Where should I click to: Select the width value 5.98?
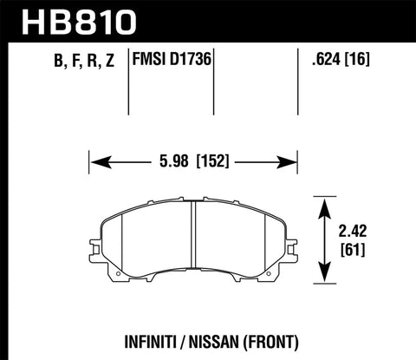[x=173, y=160]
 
